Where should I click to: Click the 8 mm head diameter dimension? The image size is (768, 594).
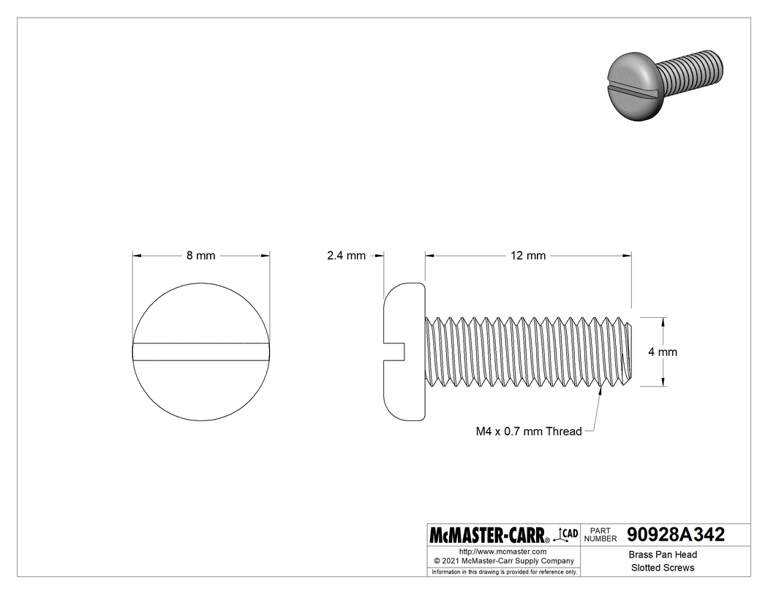point(200,256)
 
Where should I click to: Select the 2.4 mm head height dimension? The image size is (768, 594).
point(345,256)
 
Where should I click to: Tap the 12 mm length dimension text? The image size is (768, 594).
point(528,256)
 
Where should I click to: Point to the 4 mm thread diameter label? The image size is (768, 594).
point(663,352)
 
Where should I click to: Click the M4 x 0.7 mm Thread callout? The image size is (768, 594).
point(528,431)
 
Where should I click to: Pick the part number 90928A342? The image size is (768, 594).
point(676,535)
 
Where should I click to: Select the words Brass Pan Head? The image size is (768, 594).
point(663,554)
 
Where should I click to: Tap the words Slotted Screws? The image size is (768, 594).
point(663,568)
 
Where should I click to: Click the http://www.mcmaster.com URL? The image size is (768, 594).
point(502,551)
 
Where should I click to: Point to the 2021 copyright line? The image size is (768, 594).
point(502,561)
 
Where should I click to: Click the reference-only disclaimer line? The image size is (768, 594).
point(504,571)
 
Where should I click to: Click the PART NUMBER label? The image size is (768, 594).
point(601,535)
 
